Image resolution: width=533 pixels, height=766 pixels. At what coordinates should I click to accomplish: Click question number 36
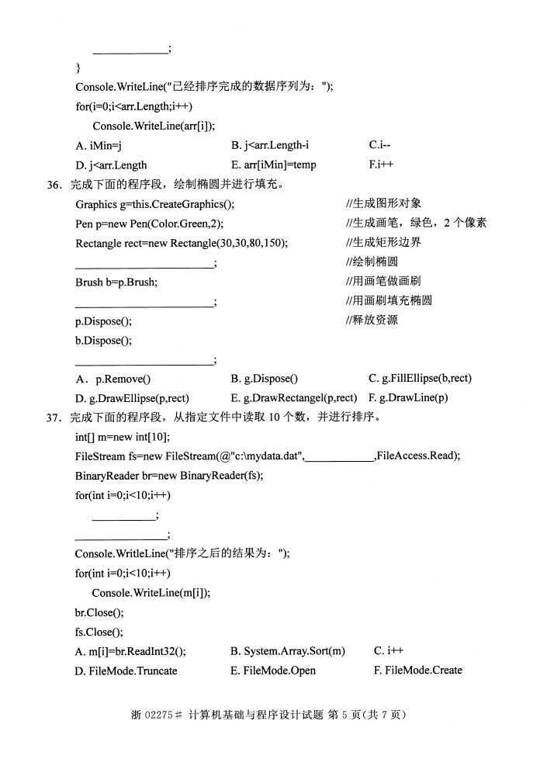pyautogui.click(x=54, y=185)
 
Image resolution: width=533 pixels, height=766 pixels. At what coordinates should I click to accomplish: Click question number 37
pyautogui.click(x=54, y=417)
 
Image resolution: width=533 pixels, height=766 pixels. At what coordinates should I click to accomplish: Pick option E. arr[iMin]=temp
pyautogui.click(x=273, y=165)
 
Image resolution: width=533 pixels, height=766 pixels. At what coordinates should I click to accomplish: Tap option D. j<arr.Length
pyautogui.click(x=111, y=165)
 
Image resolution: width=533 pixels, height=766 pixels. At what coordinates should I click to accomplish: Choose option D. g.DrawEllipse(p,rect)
pyautogui.click(x=132, y=397)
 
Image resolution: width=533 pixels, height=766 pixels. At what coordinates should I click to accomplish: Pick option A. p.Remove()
pyautogui.click(x=113, y=379)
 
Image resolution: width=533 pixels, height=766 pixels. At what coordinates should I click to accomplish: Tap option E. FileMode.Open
pyautogui.click(x=273, y=670)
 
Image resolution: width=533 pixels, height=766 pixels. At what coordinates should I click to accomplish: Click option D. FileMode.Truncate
pyautogui.click(x=126, y=670)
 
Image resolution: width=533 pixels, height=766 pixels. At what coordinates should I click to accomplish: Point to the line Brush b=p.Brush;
pyautogui.click(x=116, y=282)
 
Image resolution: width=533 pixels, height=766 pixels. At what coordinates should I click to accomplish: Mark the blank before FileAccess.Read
pyautogui.click(x=339, y=456)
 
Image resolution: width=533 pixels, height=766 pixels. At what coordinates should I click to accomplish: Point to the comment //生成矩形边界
pyautogui.click(x=383, y=242)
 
